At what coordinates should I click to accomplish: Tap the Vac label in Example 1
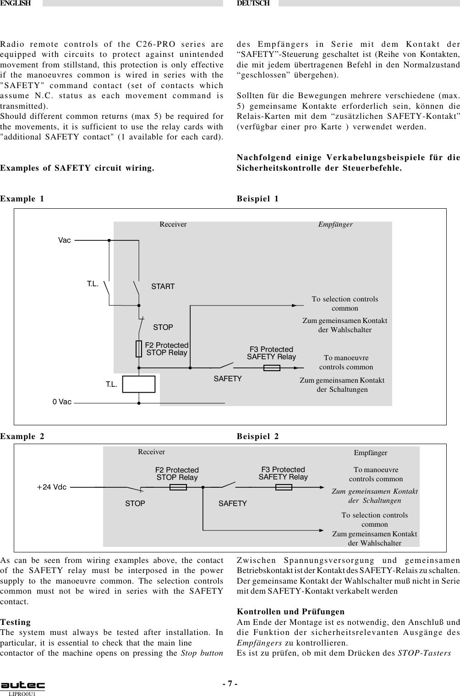(x=65, y=240)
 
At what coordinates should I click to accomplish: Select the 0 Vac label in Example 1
(x=62, y=402)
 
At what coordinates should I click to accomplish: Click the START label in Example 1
(x=163, y=287)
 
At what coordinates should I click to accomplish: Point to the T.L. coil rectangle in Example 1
(x=139, y=384)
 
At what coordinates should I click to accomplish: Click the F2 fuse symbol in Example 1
(x=138, y=349)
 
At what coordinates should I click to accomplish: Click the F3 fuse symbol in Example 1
(x=272, y=367)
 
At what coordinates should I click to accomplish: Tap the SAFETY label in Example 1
(x=228, y=379)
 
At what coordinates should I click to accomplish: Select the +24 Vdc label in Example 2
(x=52, y=487)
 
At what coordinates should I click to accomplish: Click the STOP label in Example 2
(x=135, y=503)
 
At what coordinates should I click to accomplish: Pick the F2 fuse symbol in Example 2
(x=178, y=487)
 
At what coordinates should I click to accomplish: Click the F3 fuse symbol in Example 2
(x=284, y=487)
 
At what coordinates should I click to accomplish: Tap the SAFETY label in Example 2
(x=232, y=503)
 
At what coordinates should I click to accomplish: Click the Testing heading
(x=16, y=623)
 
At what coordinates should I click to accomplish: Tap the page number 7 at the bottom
(x=230, y=684)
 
